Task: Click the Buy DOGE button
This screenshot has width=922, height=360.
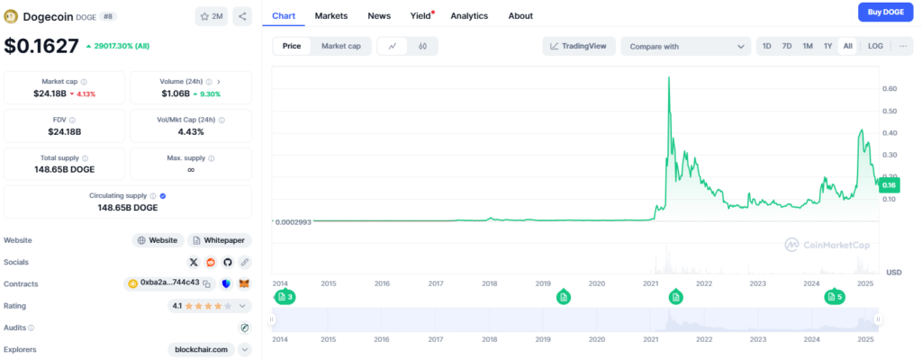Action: tap(885, 12)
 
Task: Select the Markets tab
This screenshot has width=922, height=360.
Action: tap(330, 15)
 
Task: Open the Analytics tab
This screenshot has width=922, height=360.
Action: tap(468, 15)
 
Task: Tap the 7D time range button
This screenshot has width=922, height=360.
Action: tap(786, 46)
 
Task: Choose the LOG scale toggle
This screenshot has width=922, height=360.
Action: tap(875, 46)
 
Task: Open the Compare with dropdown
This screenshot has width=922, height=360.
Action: tap(685, 46)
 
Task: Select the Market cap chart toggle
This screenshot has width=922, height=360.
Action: tap(340, 46)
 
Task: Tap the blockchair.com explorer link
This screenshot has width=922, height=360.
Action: tap(201, 349)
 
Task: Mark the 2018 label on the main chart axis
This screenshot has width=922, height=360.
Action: tap(489, 283)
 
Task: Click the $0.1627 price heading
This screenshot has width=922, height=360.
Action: tap(41, 46)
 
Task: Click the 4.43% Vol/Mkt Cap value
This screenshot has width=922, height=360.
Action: tap(190, 131)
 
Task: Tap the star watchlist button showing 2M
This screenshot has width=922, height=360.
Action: tap(211, 16)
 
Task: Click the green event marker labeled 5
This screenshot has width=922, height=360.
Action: tap(835, 296)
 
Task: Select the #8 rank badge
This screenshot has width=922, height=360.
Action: tap(107, 16)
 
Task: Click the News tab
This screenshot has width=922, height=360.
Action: tap(379, 15)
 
